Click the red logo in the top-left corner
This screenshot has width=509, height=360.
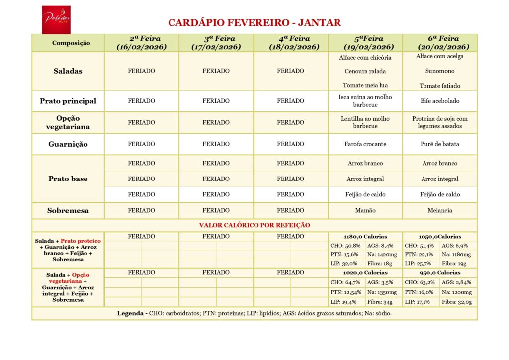[56, 19]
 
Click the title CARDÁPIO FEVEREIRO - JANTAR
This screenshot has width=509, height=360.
[254, 23]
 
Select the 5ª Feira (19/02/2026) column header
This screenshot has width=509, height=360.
[365, 43]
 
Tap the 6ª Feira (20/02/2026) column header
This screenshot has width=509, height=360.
[440, 43]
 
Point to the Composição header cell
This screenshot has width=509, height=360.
[69, 43]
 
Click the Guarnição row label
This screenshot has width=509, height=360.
[68, 144]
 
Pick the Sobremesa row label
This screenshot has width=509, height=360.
[68, 210]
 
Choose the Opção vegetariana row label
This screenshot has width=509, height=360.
[68, 122]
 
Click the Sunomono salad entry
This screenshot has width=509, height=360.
[440, 71]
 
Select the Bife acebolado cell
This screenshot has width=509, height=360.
[440, 101]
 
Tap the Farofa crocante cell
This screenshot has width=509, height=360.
[365, 144]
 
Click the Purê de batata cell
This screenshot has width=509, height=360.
[440, 144]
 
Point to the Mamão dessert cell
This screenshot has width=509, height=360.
[365, 210]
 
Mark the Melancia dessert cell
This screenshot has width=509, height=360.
[440, 210]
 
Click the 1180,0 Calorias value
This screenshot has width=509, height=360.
[365, 236]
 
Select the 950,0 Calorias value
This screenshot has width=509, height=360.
[440, 272]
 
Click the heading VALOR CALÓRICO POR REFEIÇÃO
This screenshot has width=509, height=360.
[254, 225]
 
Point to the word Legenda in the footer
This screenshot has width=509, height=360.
[131, 313]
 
